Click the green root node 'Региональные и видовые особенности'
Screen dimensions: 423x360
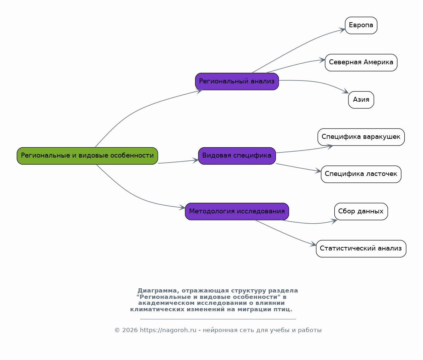coord(87,156)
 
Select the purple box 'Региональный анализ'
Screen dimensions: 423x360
coord(237,82)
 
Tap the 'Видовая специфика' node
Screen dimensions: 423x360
coord(237,156)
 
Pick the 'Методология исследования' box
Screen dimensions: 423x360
coord(237,211)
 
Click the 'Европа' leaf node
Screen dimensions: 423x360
coord(361,25)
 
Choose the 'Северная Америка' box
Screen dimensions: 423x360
coord(361,63)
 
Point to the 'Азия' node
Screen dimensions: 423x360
coord(361,100)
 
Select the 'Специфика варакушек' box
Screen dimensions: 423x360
coord(361,137)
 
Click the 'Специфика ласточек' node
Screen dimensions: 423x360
coord(361,174)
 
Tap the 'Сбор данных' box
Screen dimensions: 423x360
coord(361,211)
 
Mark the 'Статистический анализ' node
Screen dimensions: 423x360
coord(361,249)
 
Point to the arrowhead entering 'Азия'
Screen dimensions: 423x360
coord(346,92)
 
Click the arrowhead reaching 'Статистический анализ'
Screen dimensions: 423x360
coord(313,244)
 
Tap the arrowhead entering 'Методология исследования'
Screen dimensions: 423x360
coord(182,207)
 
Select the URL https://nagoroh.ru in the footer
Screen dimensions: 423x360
coord(168,330)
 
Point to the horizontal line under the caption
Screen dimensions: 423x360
coord(218,319)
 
